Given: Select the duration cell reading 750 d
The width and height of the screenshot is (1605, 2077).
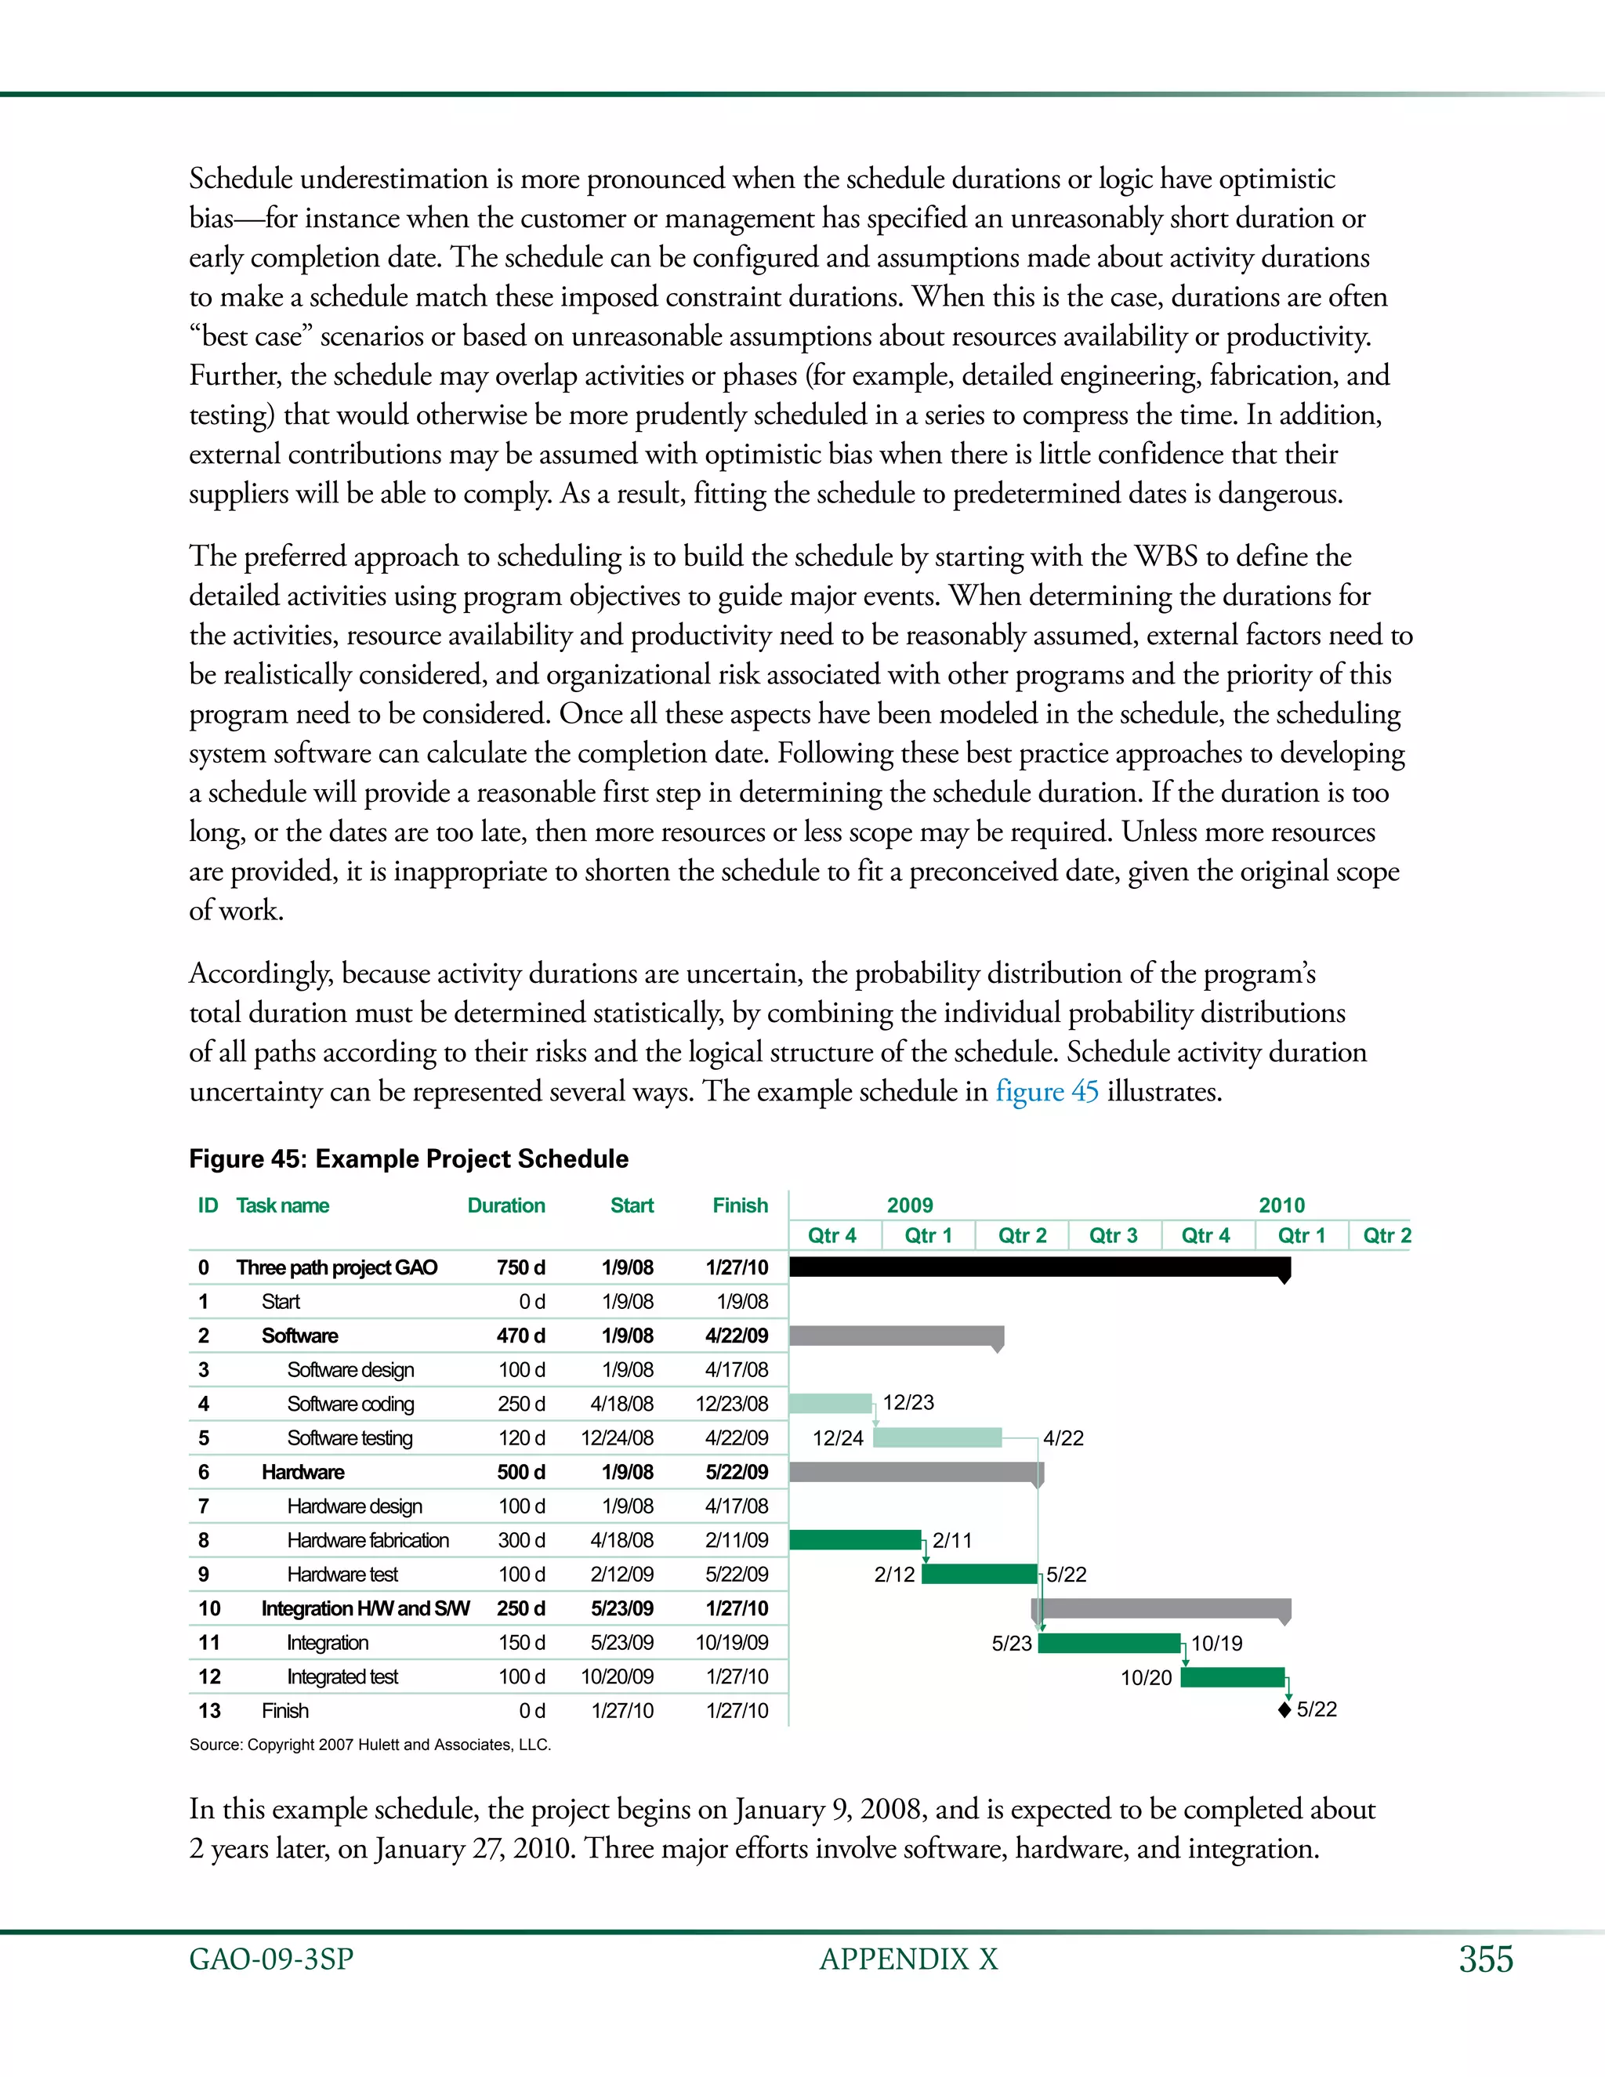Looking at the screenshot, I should [520, 1267].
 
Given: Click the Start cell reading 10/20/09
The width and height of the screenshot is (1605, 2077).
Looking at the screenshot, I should [617, 1676].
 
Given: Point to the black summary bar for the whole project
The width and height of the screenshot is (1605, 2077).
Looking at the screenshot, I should [1036, 1267].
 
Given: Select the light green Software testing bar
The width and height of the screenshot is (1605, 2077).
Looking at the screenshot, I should [937, 1437].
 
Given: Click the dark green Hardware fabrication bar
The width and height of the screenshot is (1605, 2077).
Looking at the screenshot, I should [854, 1539].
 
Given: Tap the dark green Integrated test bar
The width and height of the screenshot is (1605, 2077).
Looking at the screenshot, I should [1232, 1676].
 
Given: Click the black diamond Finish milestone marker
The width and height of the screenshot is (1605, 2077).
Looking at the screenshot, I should [1284, 1711].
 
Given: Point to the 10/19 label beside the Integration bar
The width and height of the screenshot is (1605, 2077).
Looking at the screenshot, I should [1216, 1644].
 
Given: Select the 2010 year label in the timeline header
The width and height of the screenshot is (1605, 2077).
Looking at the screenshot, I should [1281, 1205].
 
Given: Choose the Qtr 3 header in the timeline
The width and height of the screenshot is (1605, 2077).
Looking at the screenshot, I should [1113, 1235].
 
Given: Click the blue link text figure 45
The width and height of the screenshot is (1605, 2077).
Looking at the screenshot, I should [1046, 1091].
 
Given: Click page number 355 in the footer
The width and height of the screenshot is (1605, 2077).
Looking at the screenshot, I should [1485, 1959].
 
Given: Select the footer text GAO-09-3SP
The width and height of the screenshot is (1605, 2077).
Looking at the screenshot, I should [271, 1959].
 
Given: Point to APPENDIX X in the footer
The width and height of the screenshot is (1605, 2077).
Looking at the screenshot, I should [908, 1959].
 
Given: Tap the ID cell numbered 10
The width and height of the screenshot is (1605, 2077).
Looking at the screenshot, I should [209, 1608].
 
